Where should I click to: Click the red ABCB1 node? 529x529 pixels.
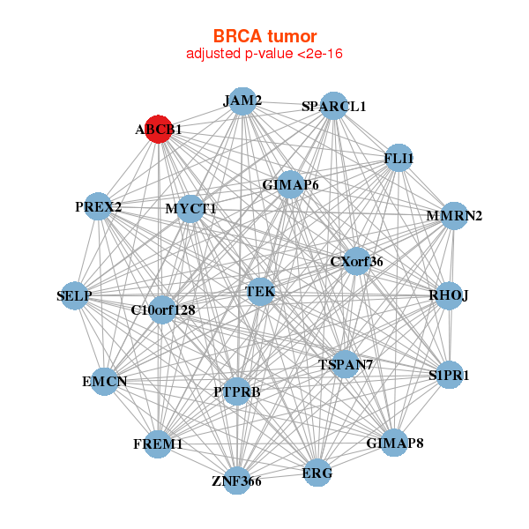pos(158,129)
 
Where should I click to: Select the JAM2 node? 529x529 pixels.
pos(242,101)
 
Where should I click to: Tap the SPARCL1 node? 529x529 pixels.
pos(333,106)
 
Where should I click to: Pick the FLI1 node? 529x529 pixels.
pos(399,158)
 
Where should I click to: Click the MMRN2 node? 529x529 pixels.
pos(453,215)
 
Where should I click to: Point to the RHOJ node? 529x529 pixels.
pos(449,294)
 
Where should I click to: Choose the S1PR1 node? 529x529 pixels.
pos(450,375)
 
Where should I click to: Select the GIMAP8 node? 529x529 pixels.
pos(395,442)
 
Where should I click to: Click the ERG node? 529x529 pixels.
pos(317,473)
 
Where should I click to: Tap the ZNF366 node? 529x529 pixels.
pos(236,481)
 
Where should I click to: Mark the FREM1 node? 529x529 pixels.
pos(159,443)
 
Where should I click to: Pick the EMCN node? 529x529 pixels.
pos(105,382)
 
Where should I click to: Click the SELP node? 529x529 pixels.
pos(75,295)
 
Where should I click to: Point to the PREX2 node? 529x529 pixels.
pos(99,207)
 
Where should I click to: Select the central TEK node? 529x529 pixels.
pos(260,291)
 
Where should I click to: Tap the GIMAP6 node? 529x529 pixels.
pos(290,184)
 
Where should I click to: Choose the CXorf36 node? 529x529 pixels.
pos(356,261)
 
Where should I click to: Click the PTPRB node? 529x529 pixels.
pos(236,391)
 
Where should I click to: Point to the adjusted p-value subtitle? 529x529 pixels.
pos(264,54)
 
